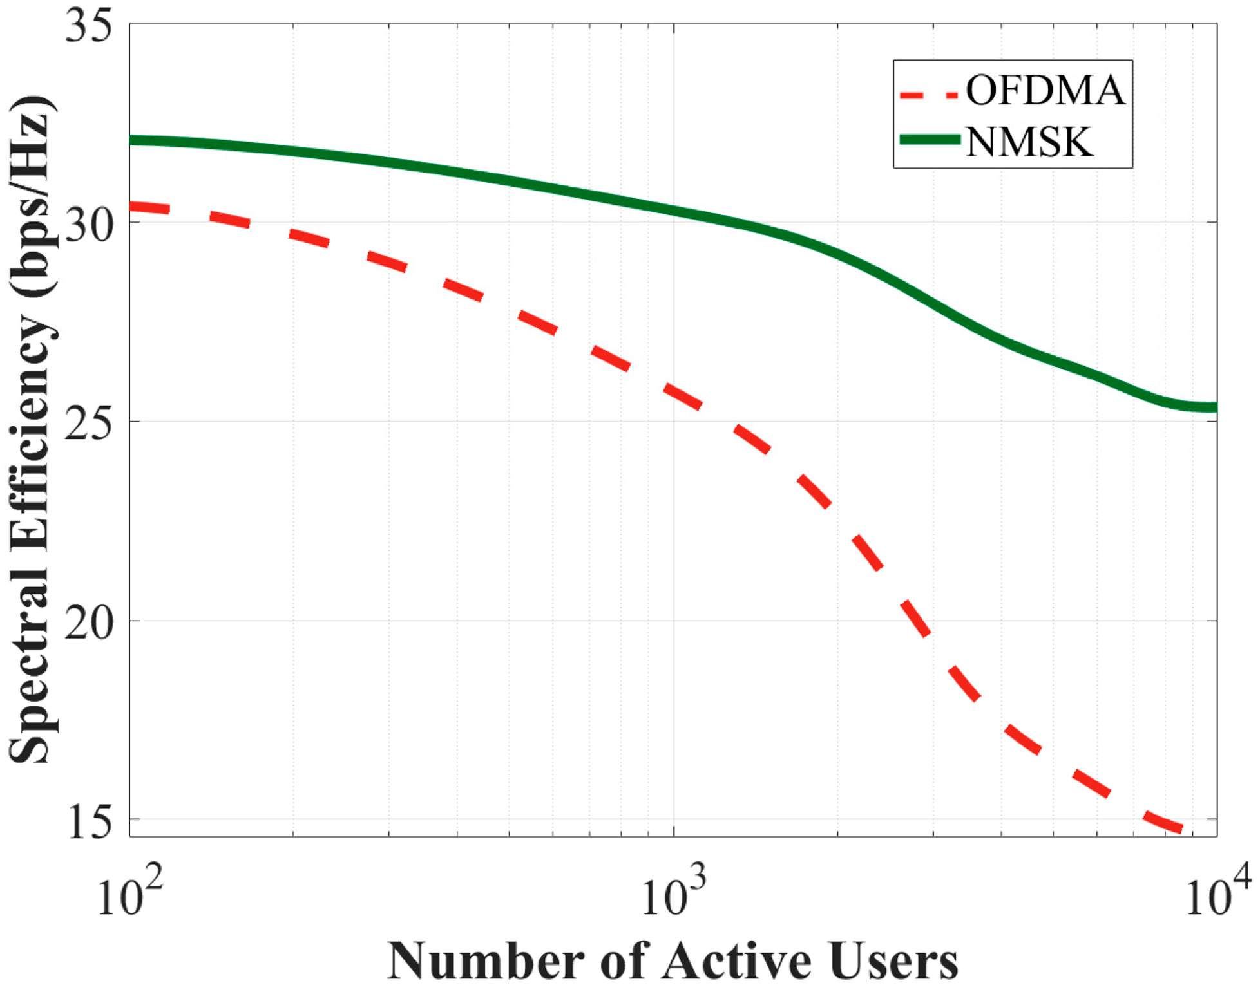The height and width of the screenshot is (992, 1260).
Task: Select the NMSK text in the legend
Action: (1029, 141)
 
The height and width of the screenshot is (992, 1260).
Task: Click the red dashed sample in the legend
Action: (930, 95)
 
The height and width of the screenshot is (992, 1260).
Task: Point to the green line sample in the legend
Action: (930, 140)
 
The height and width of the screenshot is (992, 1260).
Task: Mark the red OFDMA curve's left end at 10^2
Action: (133, 207)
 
